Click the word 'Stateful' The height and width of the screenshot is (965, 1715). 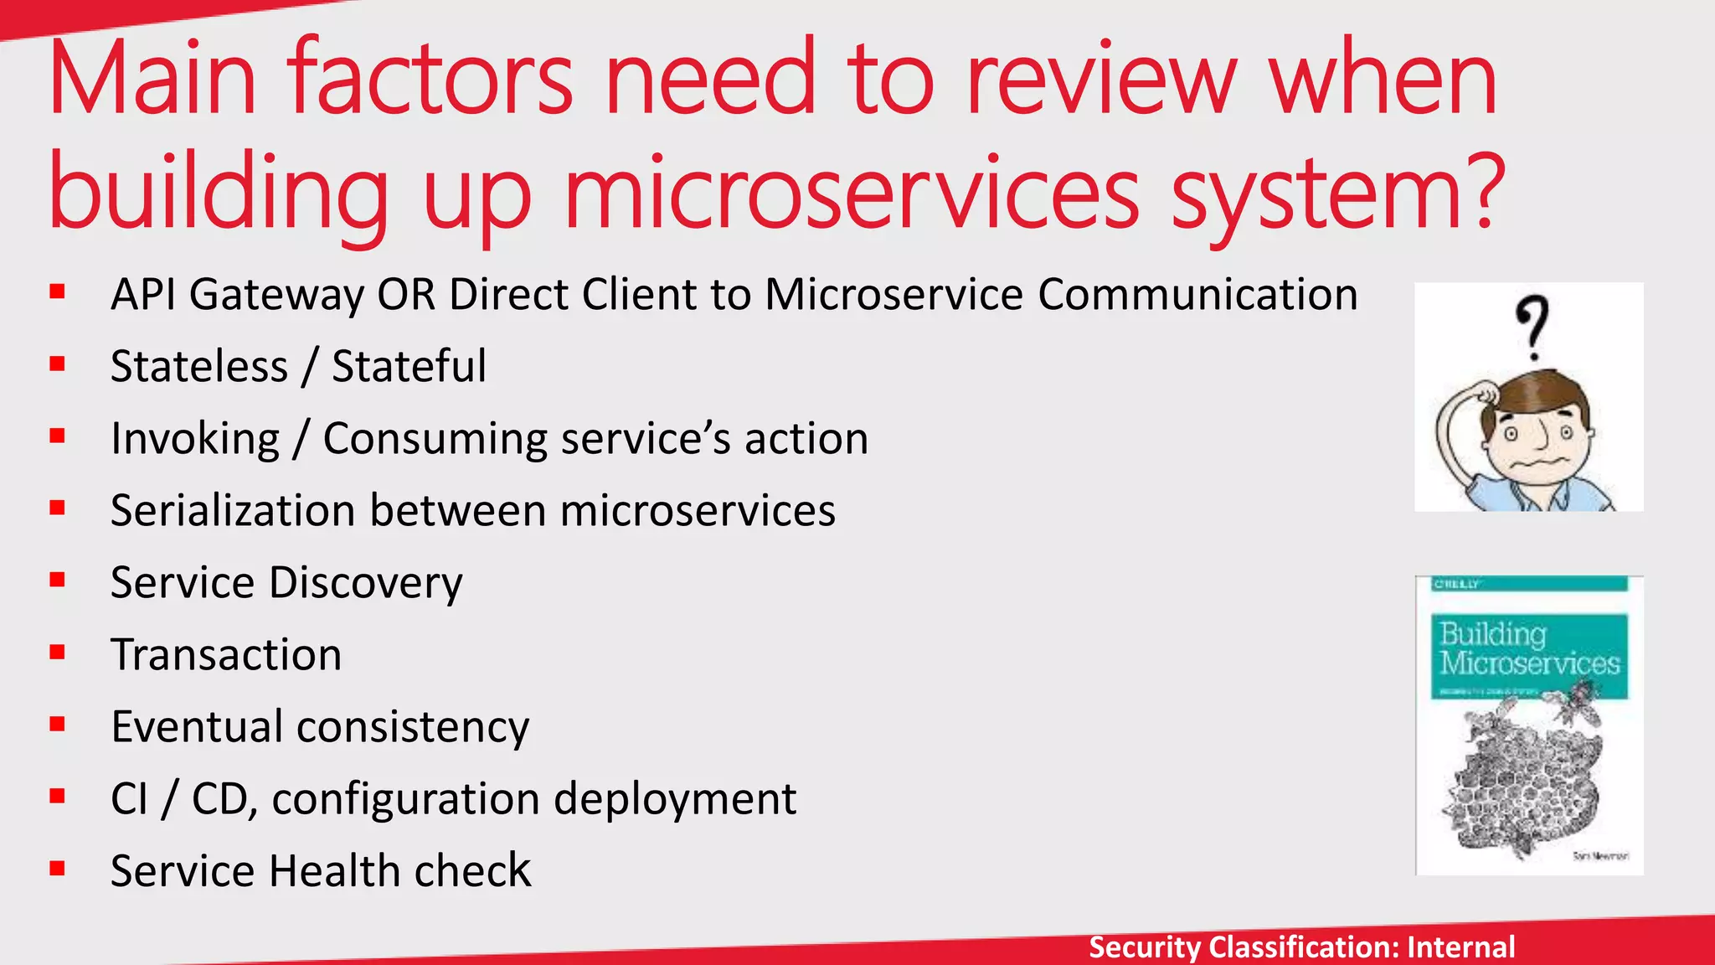pyautogui.click(x=409, y=366)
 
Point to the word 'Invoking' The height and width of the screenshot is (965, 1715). pyautogui.click(x=195, y=439)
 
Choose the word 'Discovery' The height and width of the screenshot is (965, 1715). pyautogui.click(x=366, y=583)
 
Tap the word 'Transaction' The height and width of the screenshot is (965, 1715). pyautogui.click(x=226, y=654)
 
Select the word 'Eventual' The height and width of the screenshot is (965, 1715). pyautogui.click(x=197, y=726)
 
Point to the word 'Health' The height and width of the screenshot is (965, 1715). pyautogui.click(x=336, y=870)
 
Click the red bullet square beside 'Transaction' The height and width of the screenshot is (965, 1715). pyautogui.click(x=57, y=653)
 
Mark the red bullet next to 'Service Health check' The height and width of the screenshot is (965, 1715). pyautogui.click(x=57, y=869)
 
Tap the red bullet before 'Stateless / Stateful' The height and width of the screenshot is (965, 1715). pyautogui.click(x=57, y=364)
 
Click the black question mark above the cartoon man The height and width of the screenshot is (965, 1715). pyautogui.click(x=1532, y=326)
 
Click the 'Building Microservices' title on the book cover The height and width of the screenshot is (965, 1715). pyautogui.click(x=1529, y=648)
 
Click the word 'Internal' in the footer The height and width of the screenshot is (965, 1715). pyautogui.click(x=1460, y=947)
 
